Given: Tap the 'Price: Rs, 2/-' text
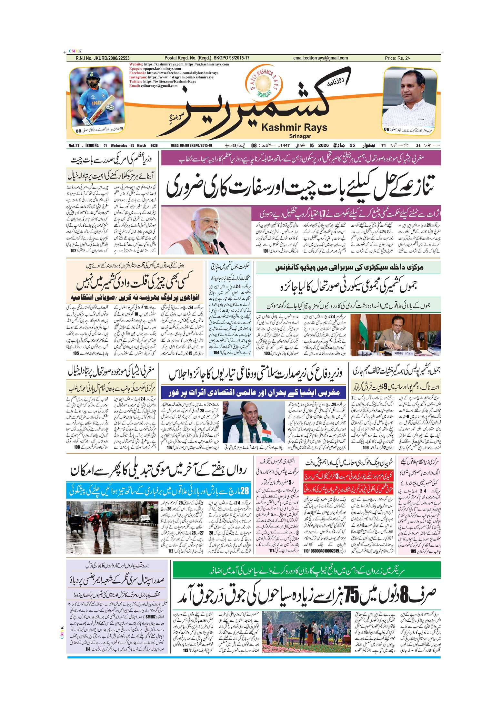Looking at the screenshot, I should tap(397, 58).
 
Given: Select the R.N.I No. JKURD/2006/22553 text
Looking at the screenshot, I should tap(102, 58).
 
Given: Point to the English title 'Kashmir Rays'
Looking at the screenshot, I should tap(294, 128).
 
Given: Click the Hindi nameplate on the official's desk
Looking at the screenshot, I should tap(404, 353).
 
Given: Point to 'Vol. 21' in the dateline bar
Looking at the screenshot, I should tap(74, 146).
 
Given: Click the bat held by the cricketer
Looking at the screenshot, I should tap(103, 108).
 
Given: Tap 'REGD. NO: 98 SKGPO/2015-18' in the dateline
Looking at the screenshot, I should tap(191, 146).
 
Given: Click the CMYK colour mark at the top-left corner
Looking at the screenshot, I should tap(75, 51).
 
